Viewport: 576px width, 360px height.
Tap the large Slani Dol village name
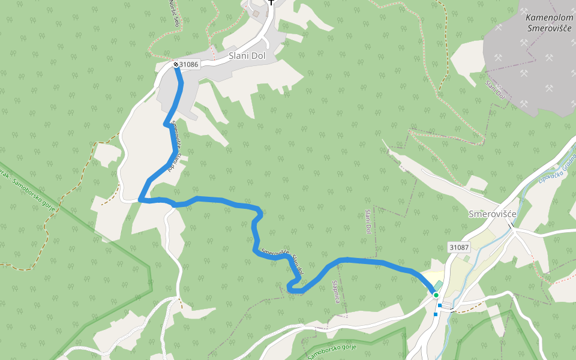pos(251,56)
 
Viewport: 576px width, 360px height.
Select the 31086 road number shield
pos(188,64)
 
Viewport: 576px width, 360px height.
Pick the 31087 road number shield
pos(458,247)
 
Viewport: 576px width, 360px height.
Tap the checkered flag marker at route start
pos(176,64)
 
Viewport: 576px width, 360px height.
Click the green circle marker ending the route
pos(436,295)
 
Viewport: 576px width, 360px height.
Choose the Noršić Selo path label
pos(174,12)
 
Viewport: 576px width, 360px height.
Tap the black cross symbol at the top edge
pos(271,2)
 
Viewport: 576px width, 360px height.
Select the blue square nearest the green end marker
pos(439,306)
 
